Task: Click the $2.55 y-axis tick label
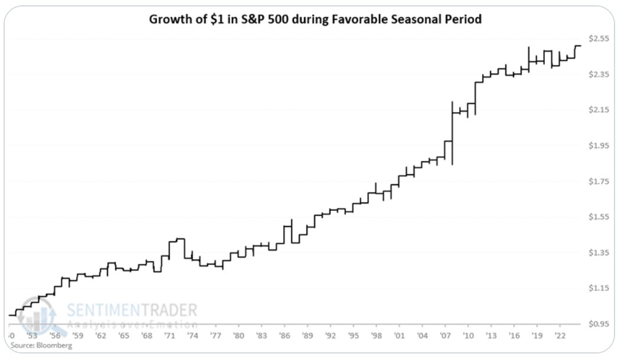pyautogui.click(x=599, y=38)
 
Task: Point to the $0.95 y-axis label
pyautogui.click(x=599, y=324)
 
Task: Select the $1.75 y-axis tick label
pyautogui.click(x=599, y=181)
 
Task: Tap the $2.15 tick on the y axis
pyautogui.click(x=599, y=110)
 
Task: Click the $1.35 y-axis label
pyautogui.click(x=599, y=253)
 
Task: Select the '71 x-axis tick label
pyautogui.click(x=169, y=336)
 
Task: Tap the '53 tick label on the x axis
pyautogui.click(x=33, y=336)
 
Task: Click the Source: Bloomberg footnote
pyautogui.click(x=41, y=345)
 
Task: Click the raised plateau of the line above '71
pyautogui.click(x=177, y=239)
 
